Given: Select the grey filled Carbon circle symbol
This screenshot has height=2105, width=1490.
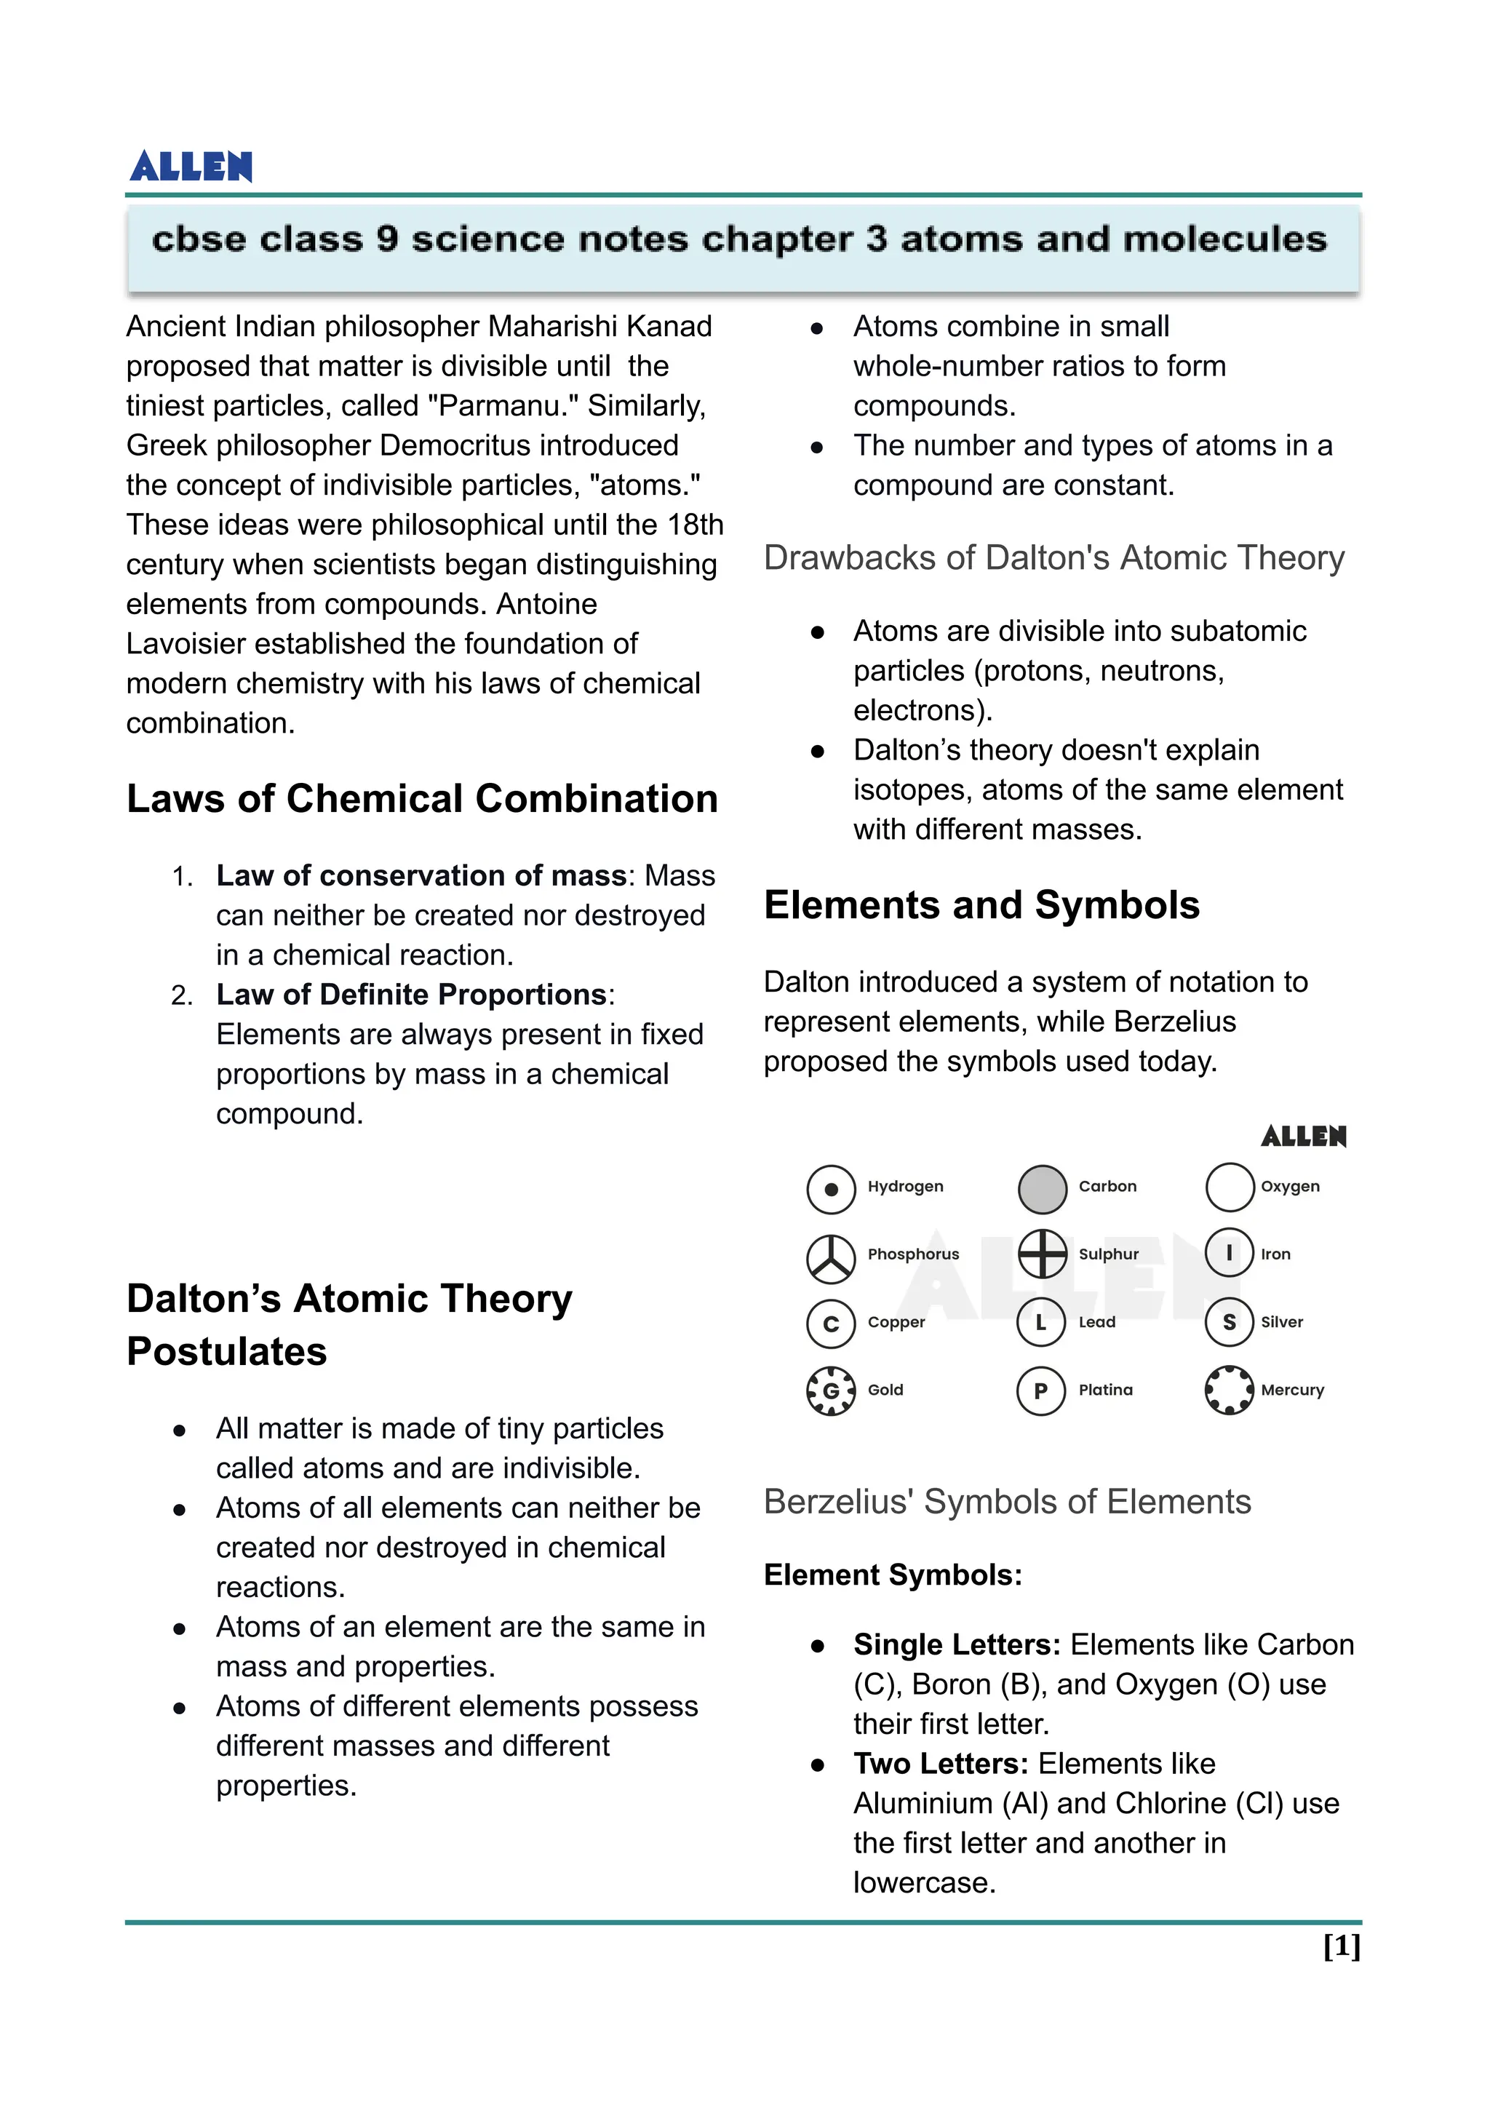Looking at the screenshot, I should point(1043,1189).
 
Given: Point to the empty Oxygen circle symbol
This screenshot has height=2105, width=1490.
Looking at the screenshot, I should point(1230,1187).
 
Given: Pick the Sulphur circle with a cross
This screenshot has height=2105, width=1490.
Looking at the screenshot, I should point(1043,1254).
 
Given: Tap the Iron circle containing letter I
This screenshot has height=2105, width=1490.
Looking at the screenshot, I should point(1230,1254).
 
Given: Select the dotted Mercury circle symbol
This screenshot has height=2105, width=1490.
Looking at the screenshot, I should point(1229,1390).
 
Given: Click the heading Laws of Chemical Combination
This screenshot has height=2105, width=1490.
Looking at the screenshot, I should point(422,798).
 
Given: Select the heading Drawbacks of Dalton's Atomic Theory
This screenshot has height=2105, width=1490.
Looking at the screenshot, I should point(1053,558).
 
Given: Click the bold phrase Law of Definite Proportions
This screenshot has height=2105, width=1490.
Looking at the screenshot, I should point(411,995).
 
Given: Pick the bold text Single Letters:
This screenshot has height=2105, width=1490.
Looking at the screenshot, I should point(956,1644).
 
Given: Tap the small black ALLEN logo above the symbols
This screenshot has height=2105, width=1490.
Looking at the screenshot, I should point(1303,1137).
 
